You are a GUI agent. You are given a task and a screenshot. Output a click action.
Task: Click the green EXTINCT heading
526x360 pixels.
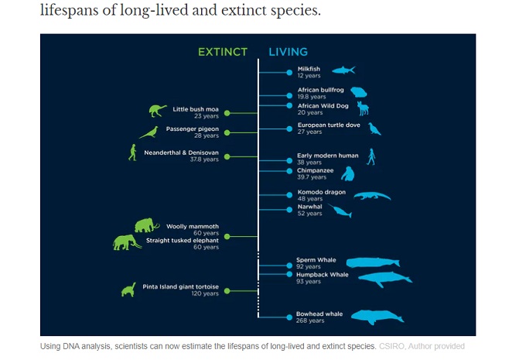tap(223, 52)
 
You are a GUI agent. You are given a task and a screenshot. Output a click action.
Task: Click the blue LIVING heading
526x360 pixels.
tap(289, 52)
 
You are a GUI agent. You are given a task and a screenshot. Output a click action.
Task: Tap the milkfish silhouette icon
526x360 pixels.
tap(343, 70)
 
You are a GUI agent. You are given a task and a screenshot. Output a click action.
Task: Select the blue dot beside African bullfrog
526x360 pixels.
tap(289, 96)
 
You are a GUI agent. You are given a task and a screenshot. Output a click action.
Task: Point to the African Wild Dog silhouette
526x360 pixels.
tap(364, 108)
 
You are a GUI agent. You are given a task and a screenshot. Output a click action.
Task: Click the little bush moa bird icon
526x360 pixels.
tap(158, 111)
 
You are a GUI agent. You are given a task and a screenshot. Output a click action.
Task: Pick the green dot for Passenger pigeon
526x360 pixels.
tap(227, 132)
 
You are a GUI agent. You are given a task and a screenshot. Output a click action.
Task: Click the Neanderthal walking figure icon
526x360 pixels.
tap(133, 153)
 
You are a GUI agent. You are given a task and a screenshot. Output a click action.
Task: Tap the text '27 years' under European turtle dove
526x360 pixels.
tap(309, 132)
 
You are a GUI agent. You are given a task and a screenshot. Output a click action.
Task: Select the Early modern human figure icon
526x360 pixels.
tap(371, 157)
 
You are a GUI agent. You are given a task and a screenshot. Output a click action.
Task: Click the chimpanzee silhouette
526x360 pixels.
tap(348, 174)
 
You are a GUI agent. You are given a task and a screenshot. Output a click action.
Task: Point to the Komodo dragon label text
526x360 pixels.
tap(321, 192)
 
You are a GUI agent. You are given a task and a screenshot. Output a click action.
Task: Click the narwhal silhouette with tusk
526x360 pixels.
tap(340, 211)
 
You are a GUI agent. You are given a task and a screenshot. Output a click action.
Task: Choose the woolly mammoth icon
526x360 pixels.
tap(147, 225)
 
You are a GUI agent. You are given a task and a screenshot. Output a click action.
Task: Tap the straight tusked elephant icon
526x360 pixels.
tap(126, 242)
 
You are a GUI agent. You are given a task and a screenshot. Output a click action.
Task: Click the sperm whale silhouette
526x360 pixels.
tap(373, 262)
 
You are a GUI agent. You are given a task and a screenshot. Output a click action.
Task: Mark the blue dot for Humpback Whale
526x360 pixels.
tap(289, 274)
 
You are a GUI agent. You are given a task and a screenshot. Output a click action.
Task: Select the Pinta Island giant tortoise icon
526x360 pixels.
tap(129, 290)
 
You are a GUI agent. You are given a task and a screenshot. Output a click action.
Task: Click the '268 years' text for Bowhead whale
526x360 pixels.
tap(310, 321)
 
